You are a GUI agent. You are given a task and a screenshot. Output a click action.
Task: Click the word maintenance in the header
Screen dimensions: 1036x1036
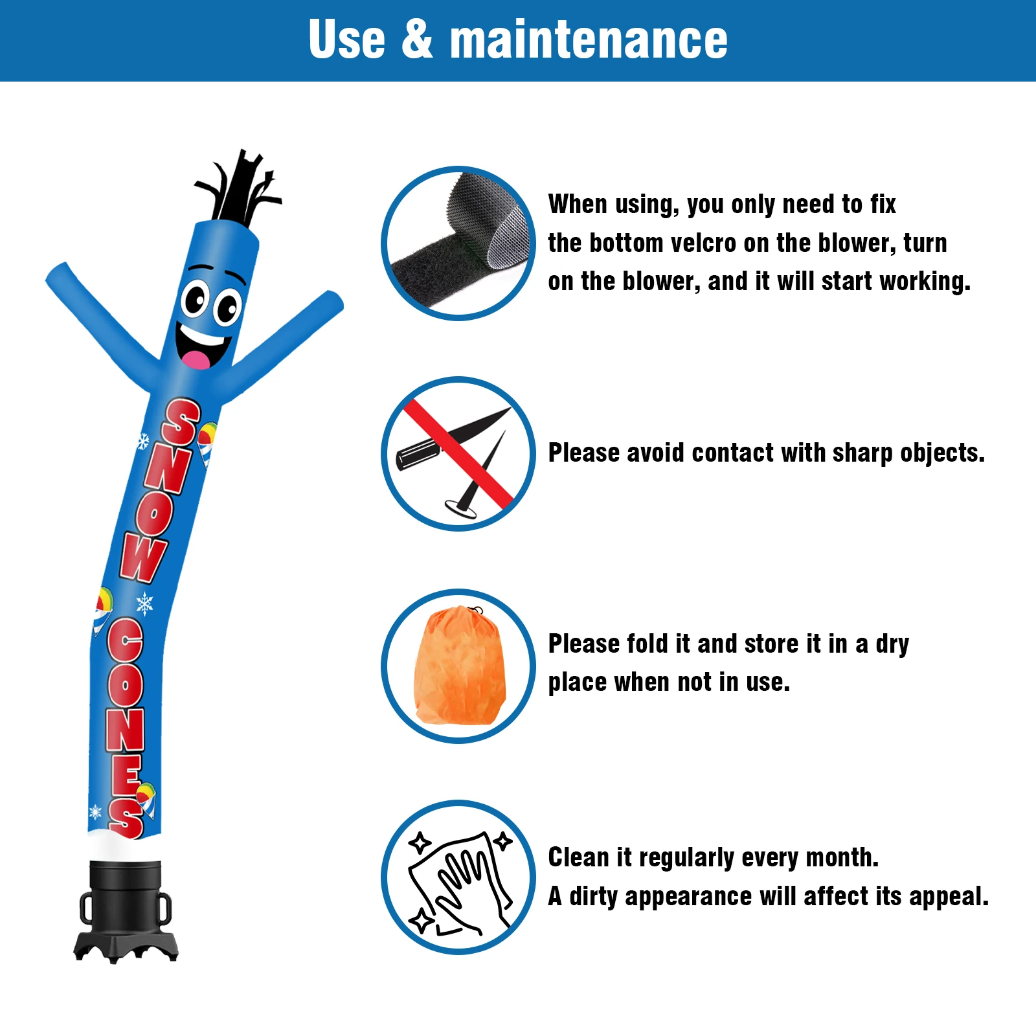(x=589, y=40)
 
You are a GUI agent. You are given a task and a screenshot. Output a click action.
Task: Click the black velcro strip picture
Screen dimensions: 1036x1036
(x=458, y=243)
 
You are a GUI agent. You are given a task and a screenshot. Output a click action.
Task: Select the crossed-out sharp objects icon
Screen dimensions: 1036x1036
(x=458, y=454)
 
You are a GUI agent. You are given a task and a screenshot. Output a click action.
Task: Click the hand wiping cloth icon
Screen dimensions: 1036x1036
(x=458, y=878)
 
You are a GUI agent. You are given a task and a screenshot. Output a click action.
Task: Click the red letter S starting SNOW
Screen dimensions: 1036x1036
(x=181, y=422)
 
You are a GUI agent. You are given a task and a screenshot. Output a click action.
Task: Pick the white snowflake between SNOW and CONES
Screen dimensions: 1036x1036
(x=144, y=604)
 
